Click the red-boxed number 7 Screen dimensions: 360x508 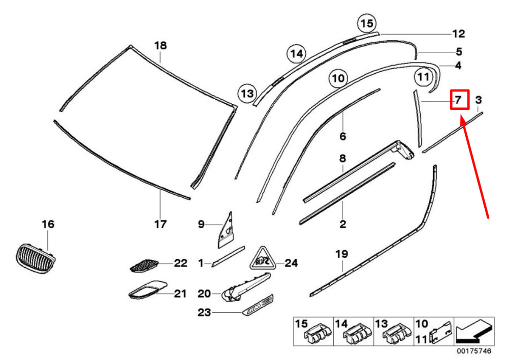[x=458, y=100]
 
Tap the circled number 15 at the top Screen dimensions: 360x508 [x=366, y=23]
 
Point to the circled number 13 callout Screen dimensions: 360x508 [x=247, y=94]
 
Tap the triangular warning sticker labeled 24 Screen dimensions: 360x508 [x=263, y=259]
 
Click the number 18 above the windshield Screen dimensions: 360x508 [x=161, y=46]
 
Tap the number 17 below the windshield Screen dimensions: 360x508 [x=161, y=224]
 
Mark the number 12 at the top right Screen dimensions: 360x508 [x=458, y=34]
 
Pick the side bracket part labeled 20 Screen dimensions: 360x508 [x=243, y=287]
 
